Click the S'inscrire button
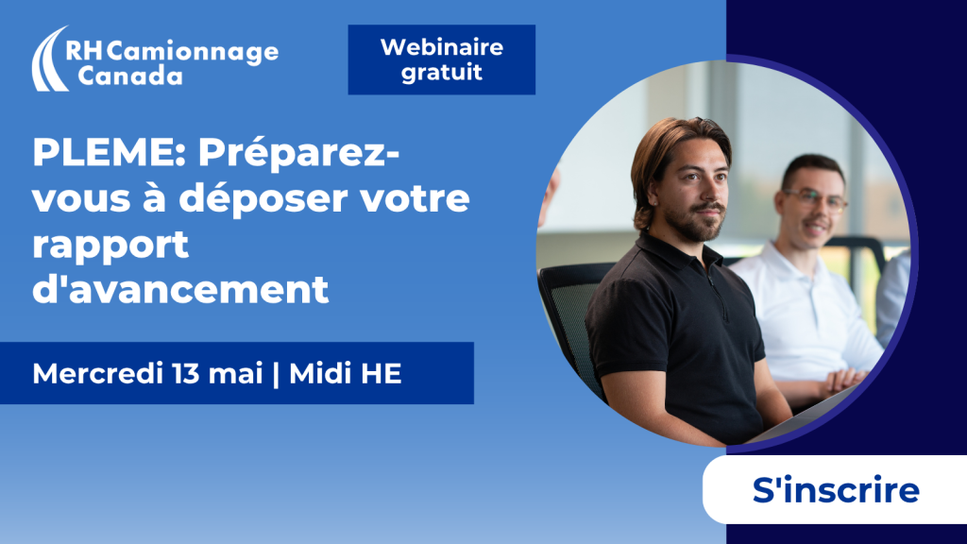point(835,490)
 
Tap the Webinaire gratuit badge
point(442,59)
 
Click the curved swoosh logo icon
point(49,59)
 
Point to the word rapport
point(110,246)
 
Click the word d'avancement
point(180,289)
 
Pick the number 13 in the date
point(186,373)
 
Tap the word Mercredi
point(97,373)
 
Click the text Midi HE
point(346,373)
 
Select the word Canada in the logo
point(130,76)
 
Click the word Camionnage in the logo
point(193,53)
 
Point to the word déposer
point(264,197)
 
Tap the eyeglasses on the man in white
point(815,198)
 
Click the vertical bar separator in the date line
point(276,374)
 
